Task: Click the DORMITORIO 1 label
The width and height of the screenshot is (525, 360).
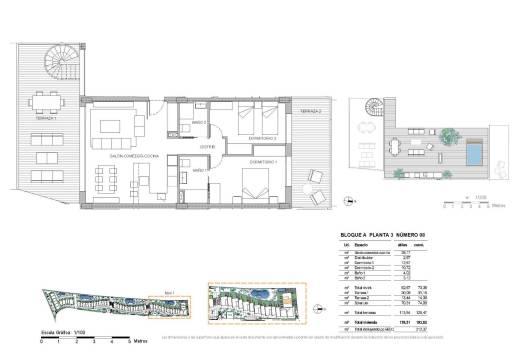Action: coord(262,160)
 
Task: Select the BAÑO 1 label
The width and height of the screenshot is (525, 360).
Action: coord(199,172)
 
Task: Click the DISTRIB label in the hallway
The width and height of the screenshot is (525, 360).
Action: coord(208,146)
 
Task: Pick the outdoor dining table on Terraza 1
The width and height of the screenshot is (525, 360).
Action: coord(45,103)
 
